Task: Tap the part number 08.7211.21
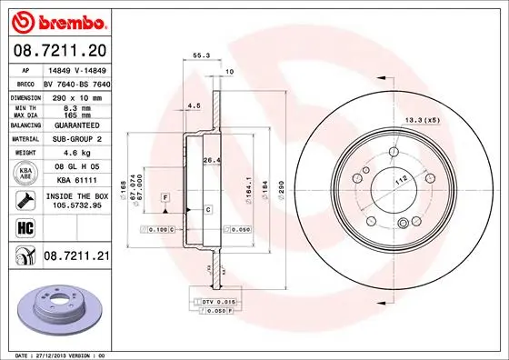tap(75, 258)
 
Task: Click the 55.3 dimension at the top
tap(199, 55)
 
